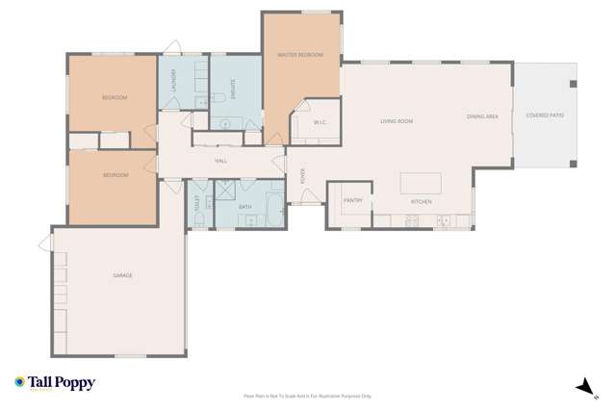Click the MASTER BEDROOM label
[300, 55]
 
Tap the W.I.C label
[318, 122]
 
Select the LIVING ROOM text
[396, 121]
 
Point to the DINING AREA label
[482, 116]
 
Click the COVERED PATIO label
[545, 115]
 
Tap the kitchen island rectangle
[421, 183]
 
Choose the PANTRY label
[352, 200]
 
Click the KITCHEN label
[422, 202]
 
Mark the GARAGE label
[122, 275]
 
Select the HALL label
[220, 161]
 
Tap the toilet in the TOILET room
[199, 218]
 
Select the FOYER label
[303, 175]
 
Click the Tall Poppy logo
[55, 383]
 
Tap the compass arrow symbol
[581, 386]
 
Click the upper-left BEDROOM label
[115, 97]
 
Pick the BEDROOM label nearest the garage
[115, 176]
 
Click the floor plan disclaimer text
[307, 396]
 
